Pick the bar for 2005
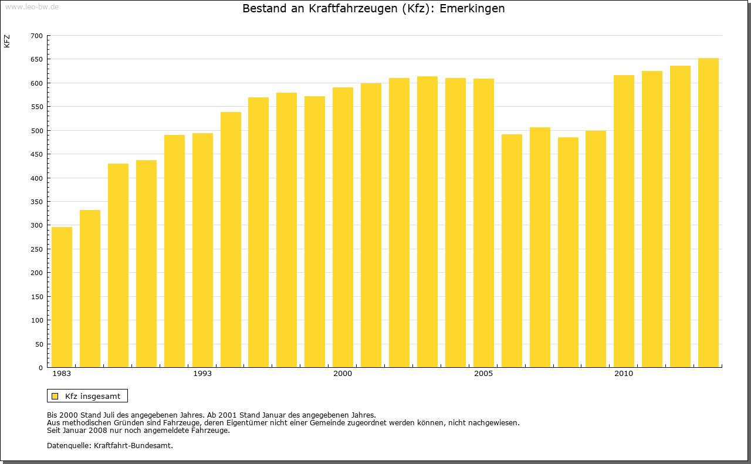tap(483, 223)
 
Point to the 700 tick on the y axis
tap(36, 36)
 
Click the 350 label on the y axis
tap(36, 202)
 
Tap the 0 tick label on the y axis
tap(40, 368)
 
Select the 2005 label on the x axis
tap(483, 374)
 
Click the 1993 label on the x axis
tap(202, 374)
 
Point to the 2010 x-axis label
tap(624, 374)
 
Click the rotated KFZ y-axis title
tap(7, 42)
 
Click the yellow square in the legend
tap(55, 396)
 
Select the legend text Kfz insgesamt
tap(93, 396)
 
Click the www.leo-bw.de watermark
tap(31, 5)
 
